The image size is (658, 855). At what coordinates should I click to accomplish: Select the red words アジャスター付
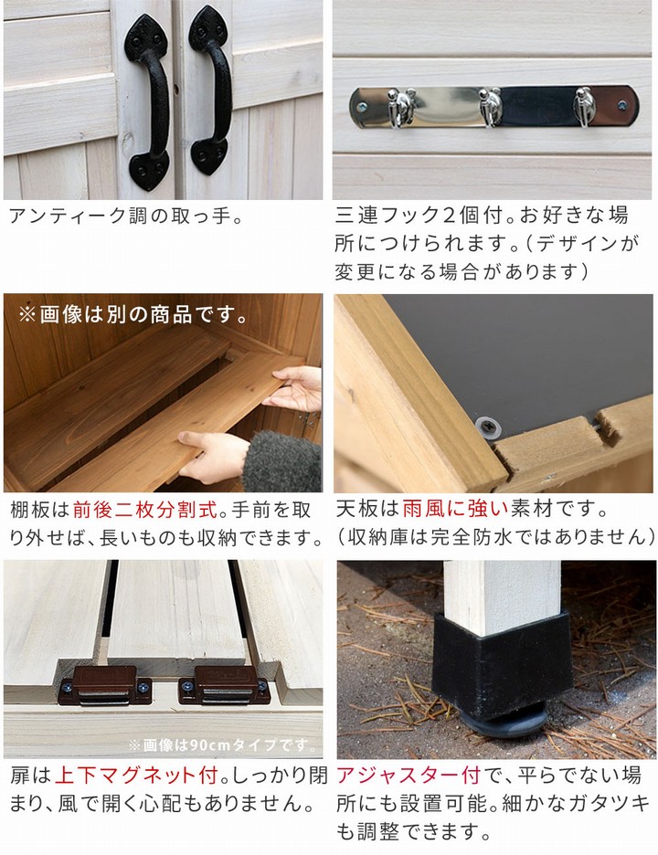(x=408, y=777)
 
